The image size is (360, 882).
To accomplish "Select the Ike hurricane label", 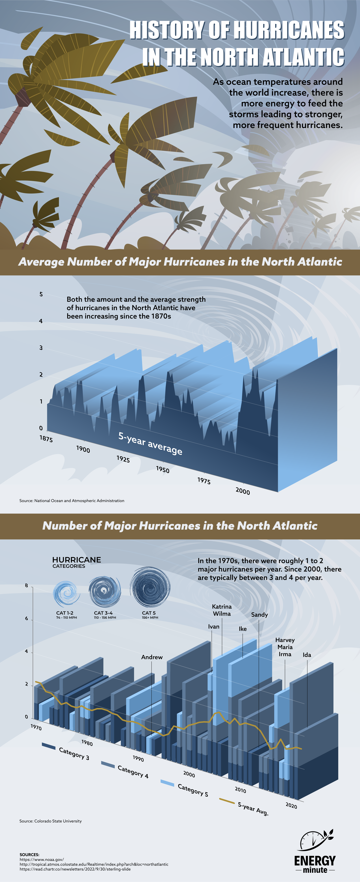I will pyautogui.click(x=243, y=629).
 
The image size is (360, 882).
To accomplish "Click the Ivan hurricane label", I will pyautogui.click(x=213, y=626).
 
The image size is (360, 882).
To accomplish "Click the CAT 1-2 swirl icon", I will pyautogui.click(x=66, y=593).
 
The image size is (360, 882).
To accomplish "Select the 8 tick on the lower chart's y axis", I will pyautogui.click(x=26, y=585).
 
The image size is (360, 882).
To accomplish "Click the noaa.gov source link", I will pyautogui.click(x=42, y=859).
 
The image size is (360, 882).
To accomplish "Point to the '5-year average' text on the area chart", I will pyautogui.click(x=150, y=443).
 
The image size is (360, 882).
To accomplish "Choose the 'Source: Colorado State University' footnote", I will pyautogui.click(x=51, y=821).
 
